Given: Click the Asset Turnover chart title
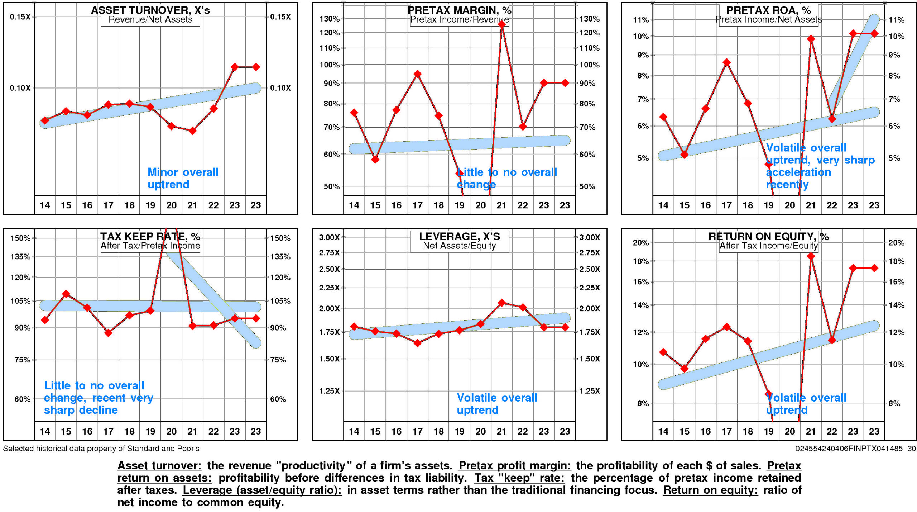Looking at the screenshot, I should pos(150,10).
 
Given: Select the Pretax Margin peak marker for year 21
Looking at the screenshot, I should pos(501,24).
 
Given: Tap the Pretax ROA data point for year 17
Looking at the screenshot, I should pos(726,62).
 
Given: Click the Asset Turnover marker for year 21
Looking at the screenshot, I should pos(192,131).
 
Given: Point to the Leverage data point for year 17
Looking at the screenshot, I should pos(417,343).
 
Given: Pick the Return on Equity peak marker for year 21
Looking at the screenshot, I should pos(811,256).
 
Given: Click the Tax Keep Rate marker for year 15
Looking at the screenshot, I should pos(66,294).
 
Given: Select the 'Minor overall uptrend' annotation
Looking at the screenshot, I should pos(183,178).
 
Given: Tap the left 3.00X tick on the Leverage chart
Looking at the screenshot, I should pos(329,237).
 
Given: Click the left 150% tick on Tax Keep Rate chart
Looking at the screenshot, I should pos(20,238).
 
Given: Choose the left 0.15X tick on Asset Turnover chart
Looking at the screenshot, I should pos(20,17).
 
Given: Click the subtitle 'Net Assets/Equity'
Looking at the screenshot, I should pos(459,246).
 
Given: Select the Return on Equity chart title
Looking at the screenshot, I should pos(768,236).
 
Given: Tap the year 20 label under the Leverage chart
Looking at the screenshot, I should pos(480,431).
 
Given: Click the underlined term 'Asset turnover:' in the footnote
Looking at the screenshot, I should pos(159,465).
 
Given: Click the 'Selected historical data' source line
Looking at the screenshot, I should pos(101,449).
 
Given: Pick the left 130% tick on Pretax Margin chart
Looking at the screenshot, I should pos(329,19).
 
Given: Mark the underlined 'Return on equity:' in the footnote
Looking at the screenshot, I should pos(710,490).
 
